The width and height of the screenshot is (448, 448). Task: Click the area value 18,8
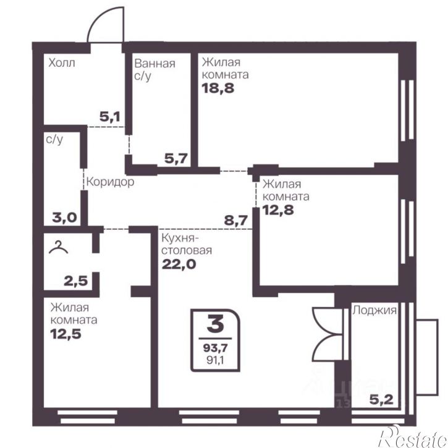[218, 88]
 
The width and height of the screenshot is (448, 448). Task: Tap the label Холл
[62, 62]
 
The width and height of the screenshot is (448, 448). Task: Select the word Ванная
[154, 63]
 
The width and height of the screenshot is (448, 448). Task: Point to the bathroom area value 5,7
[176, 158]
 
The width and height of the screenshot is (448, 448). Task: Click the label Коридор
[110, 182]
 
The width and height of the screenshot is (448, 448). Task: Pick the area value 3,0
[64, 218]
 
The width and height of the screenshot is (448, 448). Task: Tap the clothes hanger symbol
[58, 247]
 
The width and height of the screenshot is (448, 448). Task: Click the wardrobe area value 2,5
[76, 281]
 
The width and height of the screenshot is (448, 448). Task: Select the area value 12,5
[66, 334]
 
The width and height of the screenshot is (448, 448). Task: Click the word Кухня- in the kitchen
[180, 238]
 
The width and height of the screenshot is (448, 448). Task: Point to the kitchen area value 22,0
[179, 264]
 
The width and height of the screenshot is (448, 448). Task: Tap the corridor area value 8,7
[235, 221]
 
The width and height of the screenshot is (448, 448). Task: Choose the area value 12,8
[278, 210]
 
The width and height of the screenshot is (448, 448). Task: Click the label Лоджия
[374, 310]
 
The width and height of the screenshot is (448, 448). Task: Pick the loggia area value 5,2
[381, 400]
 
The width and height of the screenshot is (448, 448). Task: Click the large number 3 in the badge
[216, 325]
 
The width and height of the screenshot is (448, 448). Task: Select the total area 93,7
[216, 348]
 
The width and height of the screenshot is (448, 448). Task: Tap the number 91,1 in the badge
[216, 360]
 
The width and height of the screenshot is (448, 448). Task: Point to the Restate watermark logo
[413, 437]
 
